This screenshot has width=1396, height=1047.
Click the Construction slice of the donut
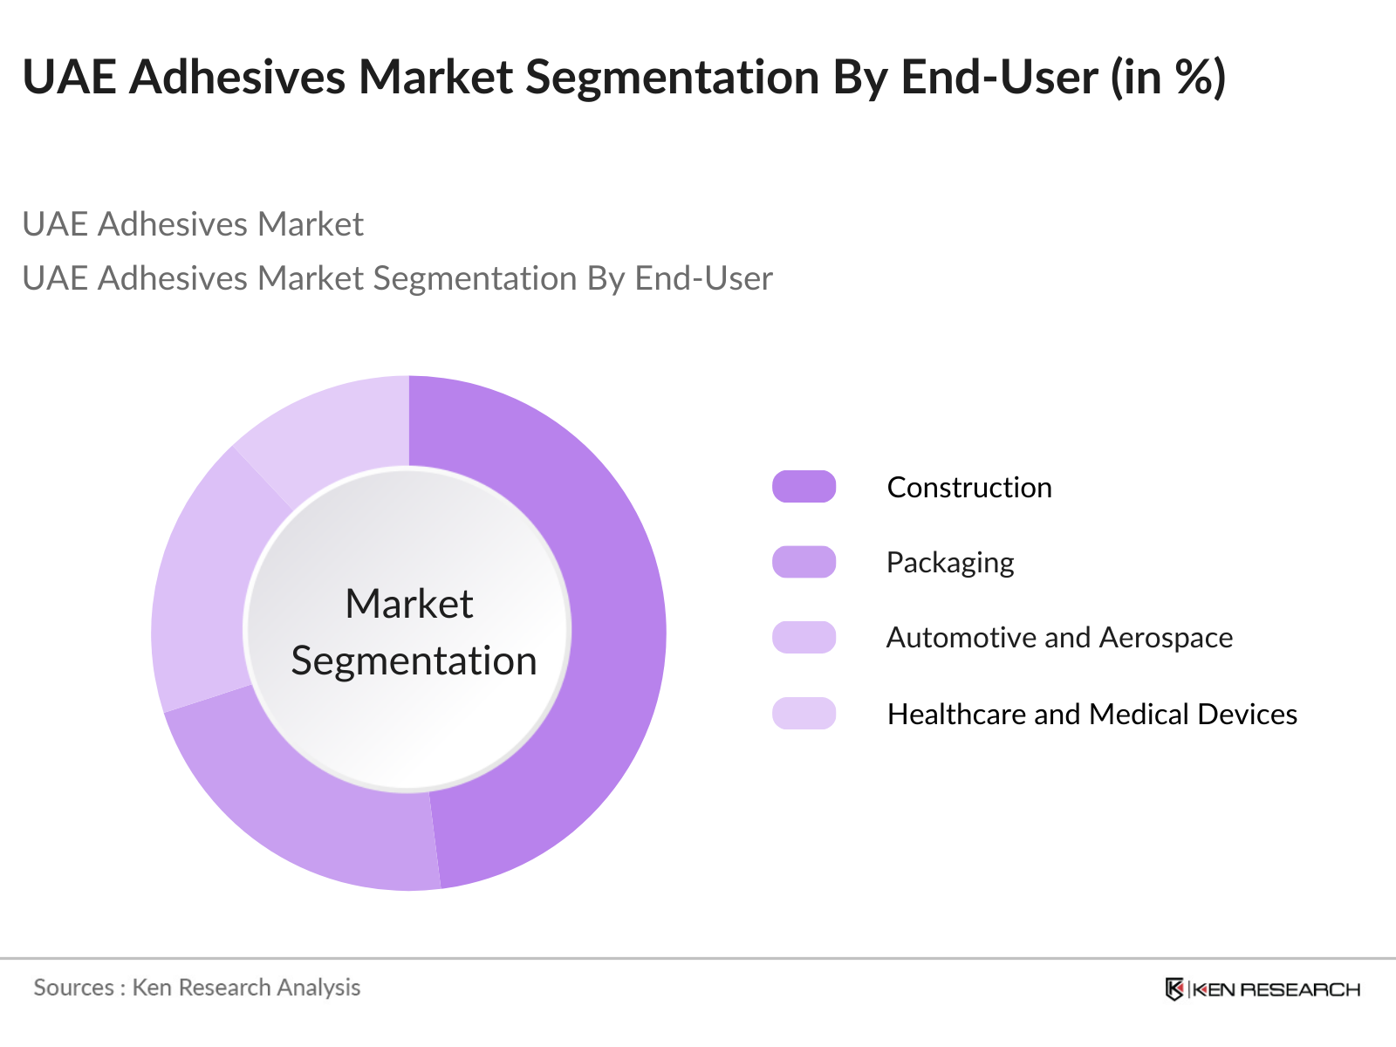(611, 628)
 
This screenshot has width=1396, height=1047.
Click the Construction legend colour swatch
(804, 487)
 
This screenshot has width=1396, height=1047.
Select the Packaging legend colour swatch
(804, 562)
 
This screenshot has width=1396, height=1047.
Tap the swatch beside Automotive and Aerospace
(804, 637)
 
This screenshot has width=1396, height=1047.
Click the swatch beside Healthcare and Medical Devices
(804, 713)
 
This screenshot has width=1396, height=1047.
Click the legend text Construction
(968, 487)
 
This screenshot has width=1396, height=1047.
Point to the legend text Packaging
(949, 563)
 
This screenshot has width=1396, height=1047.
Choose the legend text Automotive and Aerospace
(1059, 638)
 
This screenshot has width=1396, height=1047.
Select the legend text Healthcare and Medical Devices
(1091, 714)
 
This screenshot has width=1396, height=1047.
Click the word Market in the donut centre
(408, 604)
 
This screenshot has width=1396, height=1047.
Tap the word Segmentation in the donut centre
(414, 660)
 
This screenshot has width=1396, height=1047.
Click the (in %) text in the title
(1168, 77)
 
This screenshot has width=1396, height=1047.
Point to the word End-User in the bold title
(999, 77)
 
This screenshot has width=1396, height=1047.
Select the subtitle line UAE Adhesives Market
(192, 224)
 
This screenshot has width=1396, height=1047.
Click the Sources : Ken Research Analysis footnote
(196, 988)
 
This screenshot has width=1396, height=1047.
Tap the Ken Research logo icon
(1174, 989)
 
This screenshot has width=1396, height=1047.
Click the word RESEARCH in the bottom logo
(1300, 989)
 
